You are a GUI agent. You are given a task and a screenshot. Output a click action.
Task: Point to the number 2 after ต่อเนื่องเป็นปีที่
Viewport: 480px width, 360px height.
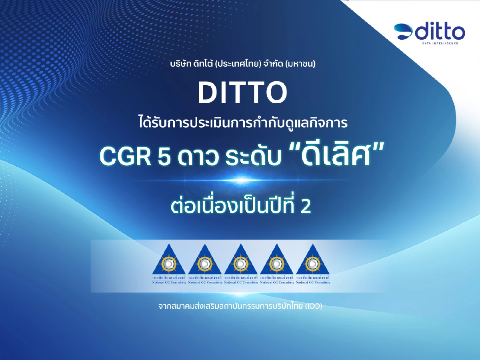305,208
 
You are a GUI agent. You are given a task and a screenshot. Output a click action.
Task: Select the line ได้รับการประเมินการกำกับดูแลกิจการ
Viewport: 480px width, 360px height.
242,122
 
